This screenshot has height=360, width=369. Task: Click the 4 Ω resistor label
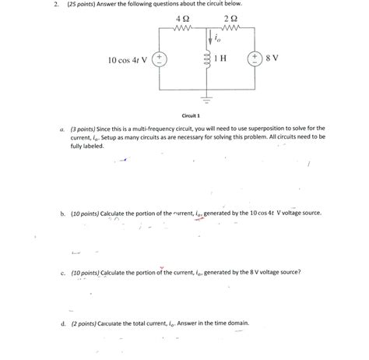point(183,18)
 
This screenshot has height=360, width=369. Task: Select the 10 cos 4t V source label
point(130,60)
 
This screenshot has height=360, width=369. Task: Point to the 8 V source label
point(272,59)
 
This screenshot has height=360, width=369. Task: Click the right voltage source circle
point(254,59)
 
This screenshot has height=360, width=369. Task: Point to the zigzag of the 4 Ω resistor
point(183,28)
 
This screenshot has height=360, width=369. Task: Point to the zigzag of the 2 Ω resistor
point(231,28)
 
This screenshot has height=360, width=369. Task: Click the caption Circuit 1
point(192,114)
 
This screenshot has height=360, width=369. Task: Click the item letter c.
point(61,273)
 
